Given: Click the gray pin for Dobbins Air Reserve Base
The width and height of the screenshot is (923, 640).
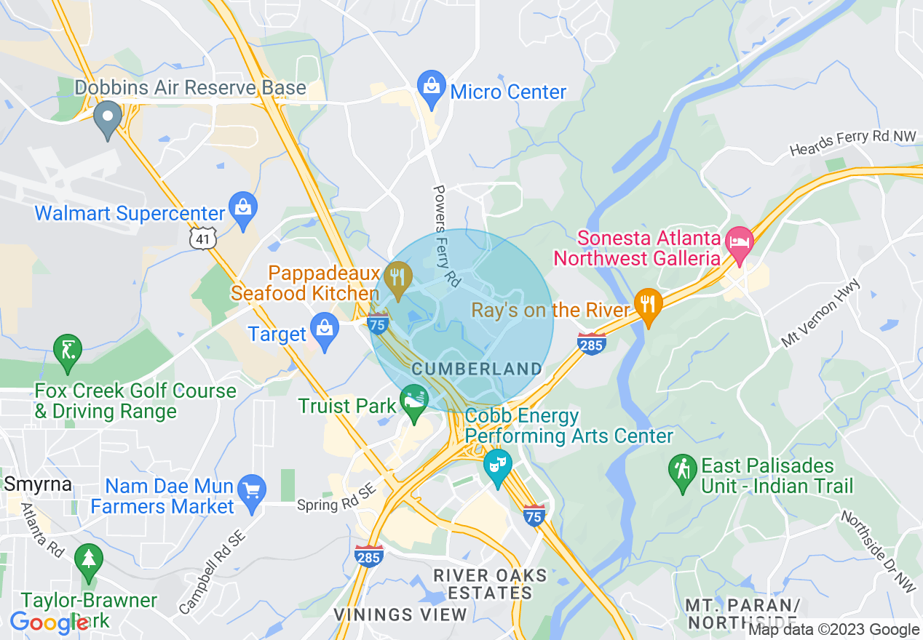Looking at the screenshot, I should point(108,117).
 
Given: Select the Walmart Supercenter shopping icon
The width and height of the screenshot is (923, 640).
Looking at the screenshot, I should point(242,209).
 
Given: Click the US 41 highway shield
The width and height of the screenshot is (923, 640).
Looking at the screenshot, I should point(202,238).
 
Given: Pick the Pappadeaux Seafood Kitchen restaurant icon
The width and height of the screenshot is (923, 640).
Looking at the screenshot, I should point(397,278).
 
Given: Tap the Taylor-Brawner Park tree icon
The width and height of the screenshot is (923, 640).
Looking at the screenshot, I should point(89,561).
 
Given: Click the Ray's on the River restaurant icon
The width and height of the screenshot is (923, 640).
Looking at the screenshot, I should point(646,305).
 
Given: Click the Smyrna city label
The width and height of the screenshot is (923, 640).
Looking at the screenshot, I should point(38,484).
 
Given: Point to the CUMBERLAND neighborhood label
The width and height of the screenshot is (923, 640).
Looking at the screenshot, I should point(477,369).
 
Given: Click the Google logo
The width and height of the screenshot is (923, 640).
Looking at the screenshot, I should point(49,623).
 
